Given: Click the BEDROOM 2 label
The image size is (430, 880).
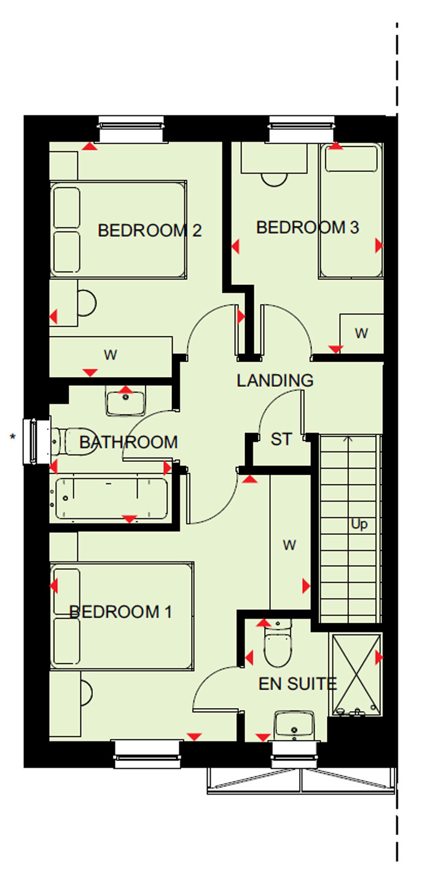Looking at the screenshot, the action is click(x=150, y=231).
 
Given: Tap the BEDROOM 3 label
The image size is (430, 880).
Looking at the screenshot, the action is click(x=308, y=227).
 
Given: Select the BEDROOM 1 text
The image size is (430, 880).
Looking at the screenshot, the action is click(x=120, y=612).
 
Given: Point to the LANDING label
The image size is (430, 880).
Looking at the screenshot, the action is click(x=275, y=380).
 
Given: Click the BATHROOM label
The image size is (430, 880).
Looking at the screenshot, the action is click(x=128, y=442).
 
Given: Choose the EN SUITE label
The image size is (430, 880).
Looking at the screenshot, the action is click(x=297, y=684).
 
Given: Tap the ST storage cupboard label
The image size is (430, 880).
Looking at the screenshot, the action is click(x=281, y=439).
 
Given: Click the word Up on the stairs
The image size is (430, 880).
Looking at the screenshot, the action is click(x=359, y=524).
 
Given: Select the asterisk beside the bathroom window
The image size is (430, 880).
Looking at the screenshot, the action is click(x=13, y=437).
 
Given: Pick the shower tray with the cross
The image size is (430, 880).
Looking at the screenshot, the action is click(x=357, y=674).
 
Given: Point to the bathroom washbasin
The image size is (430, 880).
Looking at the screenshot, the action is click(x=125, y=400).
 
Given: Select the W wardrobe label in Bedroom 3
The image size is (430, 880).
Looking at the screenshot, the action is click(x=362, y=333).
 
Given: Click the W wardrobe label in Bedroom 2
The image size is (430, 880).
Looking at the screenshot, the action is click(x=111, y=355).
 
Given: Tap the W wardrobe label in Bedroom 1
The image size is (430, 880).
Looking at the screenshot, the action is click(x=290, y=545).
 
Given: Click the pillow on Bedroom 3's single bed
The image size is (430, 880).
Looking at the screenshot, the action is click(x=351, y=158).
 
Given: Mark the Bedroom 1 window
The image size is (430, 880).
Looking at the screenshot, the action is click(x=148, y=754).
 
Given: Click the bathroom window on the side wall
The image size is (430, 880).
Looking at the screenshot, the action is click(x=37, y=442).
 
